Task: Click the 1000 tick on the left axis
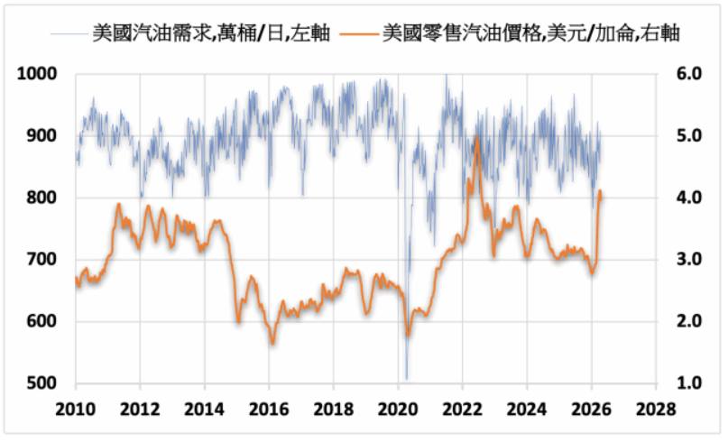(38, 75)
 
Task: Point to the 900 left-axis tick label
(42, 136)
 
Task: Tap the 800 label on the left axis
(42, 198)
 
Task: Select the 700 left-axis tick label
(42, 260)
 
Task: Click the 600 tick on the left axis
(42, 322)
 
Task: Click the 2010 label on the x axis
(76, 407)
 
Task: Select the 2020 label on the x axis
(398, 407)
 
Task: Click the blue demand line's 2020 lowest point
(406, 379)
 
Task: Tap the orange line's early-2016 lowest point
(272, 344)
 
